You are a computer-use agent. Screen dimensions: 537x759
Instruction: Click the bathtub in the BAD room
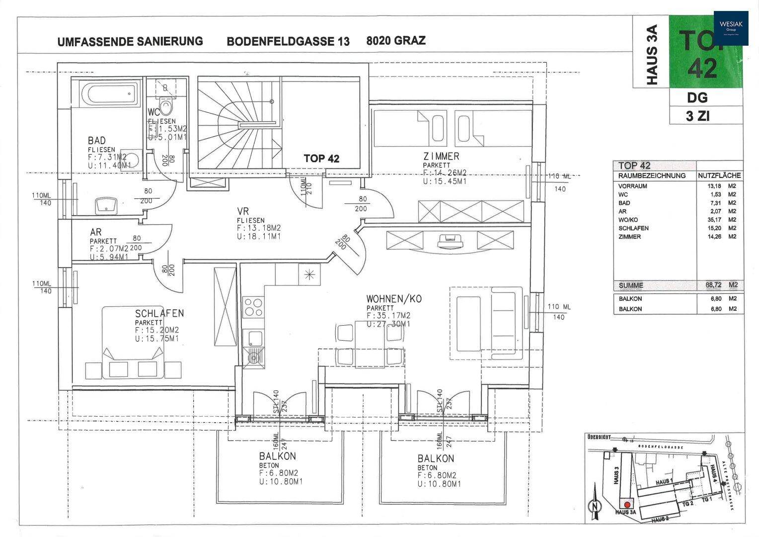click(111, 94)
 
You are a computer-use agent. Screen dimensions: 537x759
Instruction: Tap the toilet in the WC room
click(167, 106)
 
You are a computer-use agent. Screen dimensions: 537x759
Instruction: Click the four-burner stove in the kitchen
click(253, 307)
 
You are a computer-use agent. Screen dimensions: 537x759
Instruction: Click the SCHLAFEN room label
click(159, 313)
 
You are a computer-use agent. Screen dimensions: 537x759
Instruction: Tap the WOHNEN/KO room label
click(394, 299)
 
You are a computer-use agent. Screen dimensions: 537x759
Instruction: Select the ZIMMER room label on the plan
click(441, 156)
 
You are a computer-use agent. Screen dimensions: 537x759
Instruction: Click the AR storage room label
click(96, 232)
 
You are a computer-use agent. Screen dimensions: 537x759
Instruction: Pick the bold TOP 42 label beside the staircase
click(321, 159)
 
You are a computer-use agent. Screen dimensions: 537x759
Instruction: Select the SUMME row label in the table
click(631, 285)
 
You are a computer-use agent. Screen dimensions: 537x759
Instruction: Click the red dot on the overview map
click(627, 505)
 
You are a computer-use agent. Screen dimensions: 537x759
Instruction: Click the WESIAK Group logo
click(731, 28)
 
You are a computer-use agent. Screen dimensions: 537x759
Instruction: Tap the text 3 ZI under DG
click(697, 116)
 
